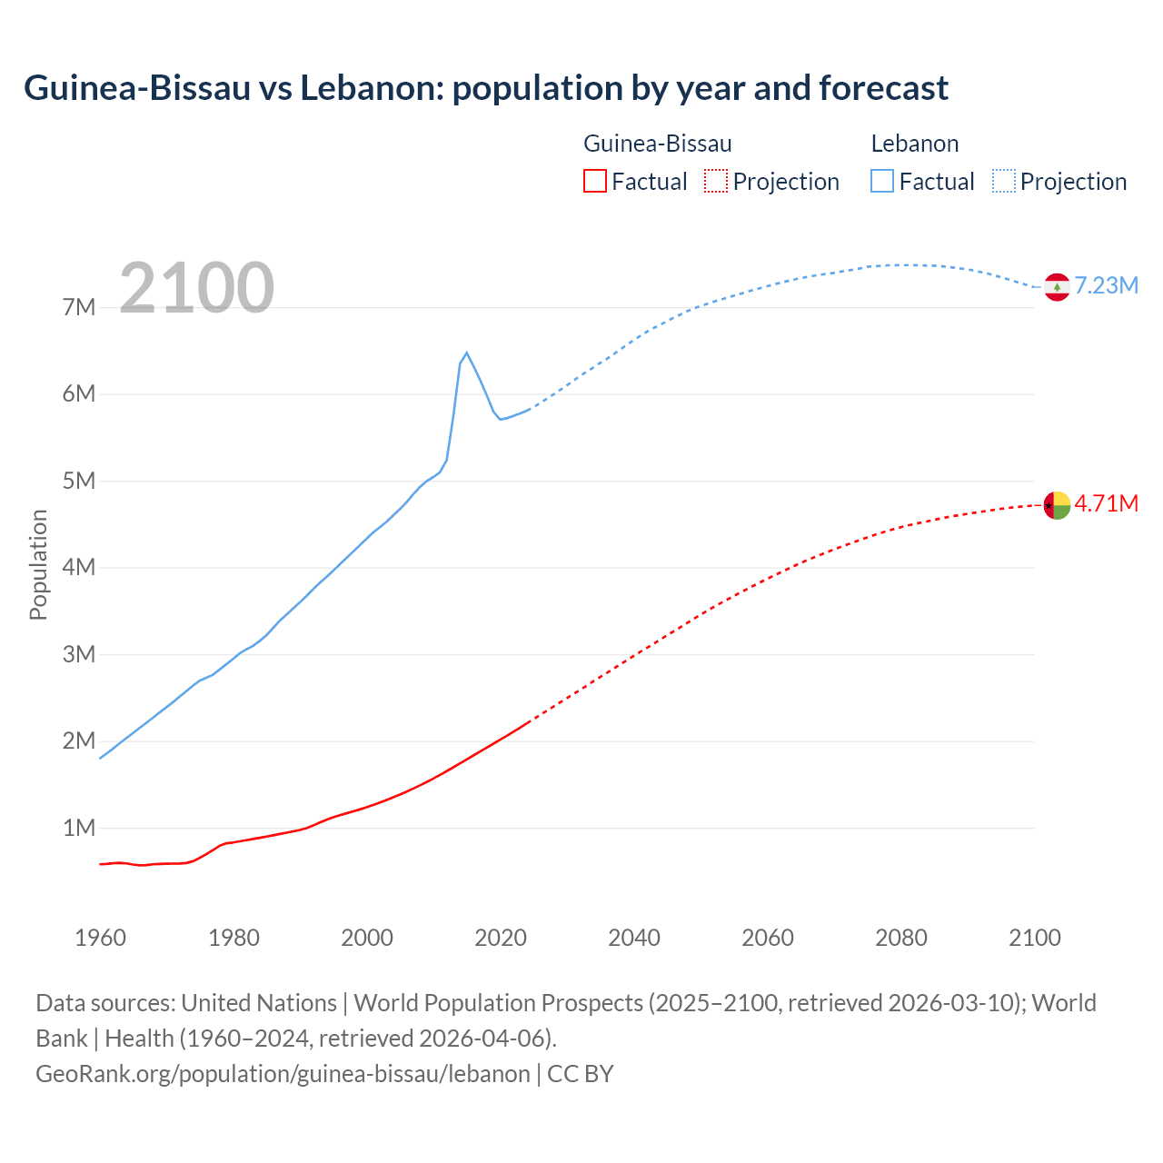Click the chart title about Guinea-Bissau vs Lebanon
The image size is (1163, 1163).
point(486,88)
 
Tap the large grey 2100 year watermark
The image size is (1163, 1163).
point(196,287)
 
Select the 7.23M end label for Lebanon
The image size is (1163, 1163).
point(1106,285)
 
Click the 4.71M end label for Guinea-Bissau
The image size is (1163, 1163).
point(1106,503)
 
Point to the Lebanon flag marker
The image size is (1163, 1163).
point(1057,287)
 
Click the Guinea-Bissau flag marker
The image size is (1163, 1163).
point(1057,505)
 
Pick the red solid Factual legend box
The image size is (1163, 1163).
point(594,181)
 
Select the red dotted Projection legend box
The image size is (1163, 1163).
point(716,181)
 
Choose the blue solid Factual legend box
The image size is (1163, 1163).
point(882,181)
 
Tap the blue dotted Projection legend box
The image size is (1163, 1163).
point(1004,181)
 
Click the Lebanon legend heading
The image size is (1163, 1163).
point(914,144)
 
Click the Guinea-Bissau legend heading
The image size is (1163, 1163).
point(657,144)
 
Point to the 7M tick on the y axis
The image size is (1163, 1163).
point(79,307)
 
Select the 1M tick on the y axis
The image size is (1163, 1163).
point(79,828)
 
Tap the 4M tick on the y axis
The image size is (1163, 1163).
point(79,567)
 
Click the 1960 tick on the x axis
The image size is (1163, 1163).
point(100,938)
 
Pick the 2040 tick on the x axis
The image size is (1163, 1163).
point(634,938)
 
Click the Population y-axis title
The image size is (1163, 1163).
point(38,564)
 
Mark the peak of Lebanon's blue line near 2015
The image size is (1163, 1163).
point(466,353)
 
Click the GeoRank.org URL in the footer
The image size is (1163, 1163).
point(283,1073)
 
